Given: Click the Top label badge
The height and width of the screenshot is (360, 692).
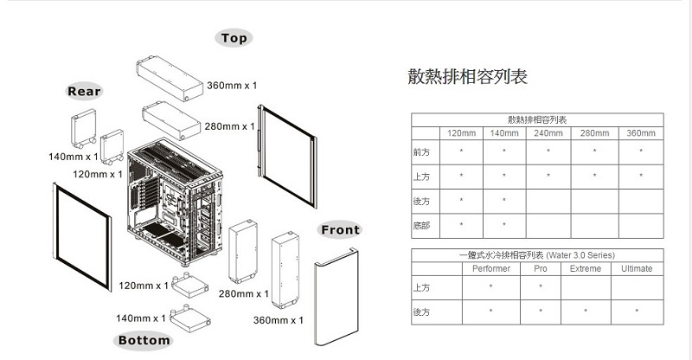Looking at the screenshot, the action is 234,38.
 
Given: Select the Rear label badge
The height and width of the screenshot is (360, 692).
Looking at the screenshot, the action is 84,92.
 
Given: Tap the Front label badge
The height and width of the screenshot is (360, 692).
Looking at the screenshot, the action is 340,229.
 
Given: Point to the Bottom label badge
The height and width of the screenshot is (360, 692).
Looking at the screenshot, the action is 144,340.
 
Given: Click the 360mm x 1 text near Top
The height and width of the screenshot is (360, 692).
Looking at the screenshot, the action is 232,86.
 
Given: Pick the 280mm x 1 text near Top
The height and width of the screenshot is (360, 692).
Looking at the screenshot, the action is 230,126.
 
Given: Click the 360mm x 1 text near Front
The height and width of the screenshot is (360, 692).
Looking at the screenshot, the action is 278,320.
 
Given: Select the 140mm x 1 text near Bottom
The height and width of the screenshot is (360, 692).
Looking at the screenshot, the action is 141,318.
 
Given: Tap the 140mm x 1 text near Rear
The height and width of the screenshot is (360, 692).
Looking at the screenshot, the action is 74,157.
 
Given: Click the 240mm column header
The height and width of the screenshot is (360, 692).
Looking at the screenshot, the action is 548,133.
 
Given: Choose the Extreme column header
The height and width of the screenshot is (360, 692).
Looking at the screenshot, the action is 586,268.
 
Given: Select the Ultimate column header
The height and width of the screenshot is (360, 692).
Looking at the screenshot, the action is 637,268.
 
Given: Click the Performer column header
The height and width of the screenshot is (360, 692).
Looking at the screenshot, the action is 490,268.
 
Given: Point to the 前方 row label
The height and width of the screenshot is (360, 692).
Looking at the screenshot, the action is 421,152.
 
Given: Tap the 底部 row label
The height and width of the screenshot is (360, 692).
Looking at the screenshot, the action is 421,226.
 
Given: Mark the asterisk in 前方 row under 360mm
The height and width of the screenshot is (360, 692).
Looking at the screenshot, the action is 641,151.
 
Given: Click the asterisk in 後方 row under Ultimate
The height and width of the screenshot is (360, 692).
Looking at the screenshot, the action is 637,311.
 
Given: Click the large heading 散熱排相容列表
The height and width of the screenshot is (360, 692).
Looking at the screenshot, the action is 467,76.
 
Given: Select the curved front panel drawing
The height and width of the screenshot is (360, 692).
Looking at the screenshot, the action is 336,297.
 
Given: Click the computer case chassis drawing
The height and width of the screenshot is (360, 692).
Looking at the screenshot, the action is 175,202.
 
